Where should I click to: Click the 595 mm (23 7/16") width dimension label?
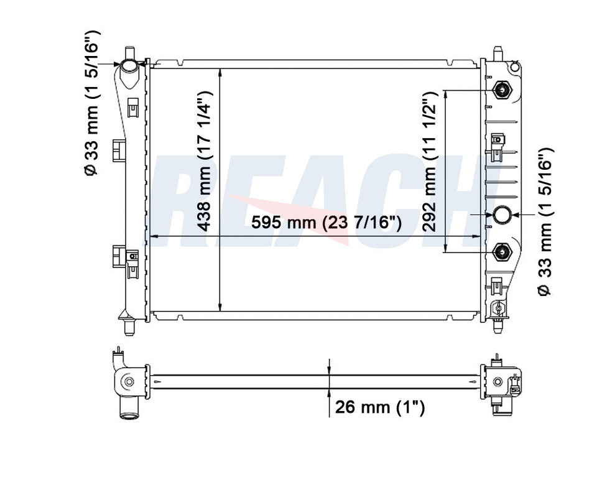326,222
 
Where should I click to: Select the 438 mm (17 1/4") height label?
204,161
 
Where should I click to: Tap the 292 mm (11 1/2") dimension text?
428,162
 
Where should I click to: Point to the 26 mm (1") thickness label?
379,407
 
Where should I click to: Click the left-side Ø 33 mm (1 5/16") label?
91,102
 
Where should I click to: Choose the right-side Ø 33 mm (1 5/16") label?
545,221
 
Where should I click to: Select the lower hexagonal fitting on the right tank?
502,251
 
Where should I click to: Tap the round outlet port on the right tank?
502,215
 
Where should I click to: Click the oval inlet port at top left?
130,67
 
